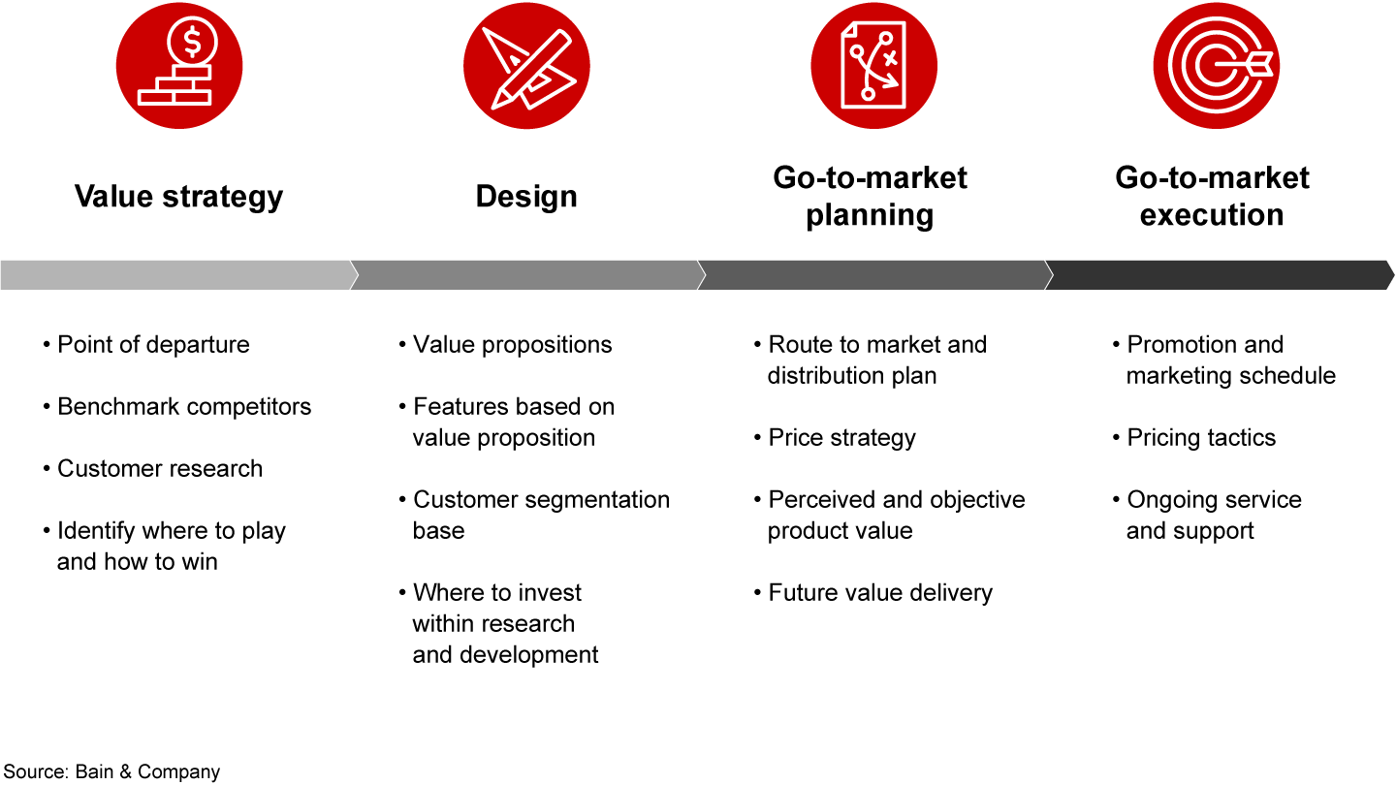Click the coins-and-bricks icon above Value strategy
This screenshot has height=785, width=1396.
[179, 66]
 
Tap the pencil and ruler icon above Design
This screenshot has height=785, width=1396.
[526, 66]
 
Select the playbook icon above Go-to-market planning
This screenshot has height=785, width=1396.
[873, 66]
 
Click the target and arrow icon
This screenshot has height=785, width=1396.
[1216, 66]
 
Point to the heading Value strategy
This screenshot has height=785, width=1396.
[179, 197]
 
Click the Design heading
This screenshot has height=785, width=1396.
[526, 197]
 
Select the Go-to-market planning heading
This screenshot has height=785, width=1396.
[870, 196]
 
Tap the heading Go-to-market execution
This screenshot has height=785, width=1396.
[1212, 196]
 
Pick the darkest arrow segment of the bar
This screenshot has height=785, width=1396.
[1218, 275]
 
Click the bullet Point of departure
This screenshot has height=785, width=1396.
[153, 345]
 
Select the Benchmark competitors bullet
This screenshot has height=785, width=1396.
[184, 407]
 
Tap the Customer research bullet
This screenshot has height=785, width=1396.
[160, 469]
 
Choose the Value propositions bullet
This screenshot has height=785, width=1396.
[512, 345]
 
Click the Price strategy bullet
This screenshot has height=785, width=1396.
[841, 438]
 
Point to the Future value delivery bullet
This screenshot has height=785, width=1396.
[880, 593]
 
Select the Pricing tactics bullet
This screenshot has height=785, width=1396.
[1201, 438]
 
